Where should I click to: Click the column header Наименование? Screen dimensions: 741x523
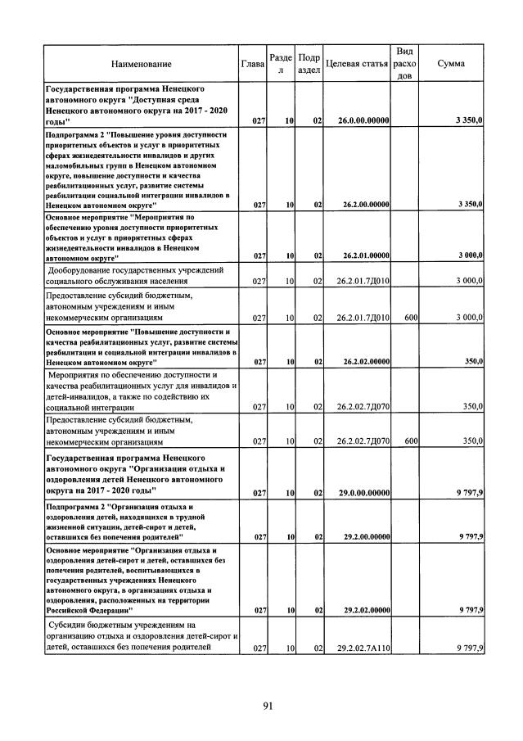(x=142, y=64)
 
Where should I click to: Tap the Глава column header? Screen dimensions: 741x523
(x=253, y=64)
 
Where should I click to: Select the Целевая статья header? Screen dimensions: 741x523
(x=356, y=64)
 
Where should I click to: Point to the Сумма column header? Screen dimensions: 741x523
(x=452, y=64)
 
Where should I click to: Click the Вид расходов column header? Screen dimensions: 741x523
(x=404, y=63)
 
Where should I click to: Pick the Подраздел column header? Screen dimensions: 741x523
(x=309, y=64)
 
